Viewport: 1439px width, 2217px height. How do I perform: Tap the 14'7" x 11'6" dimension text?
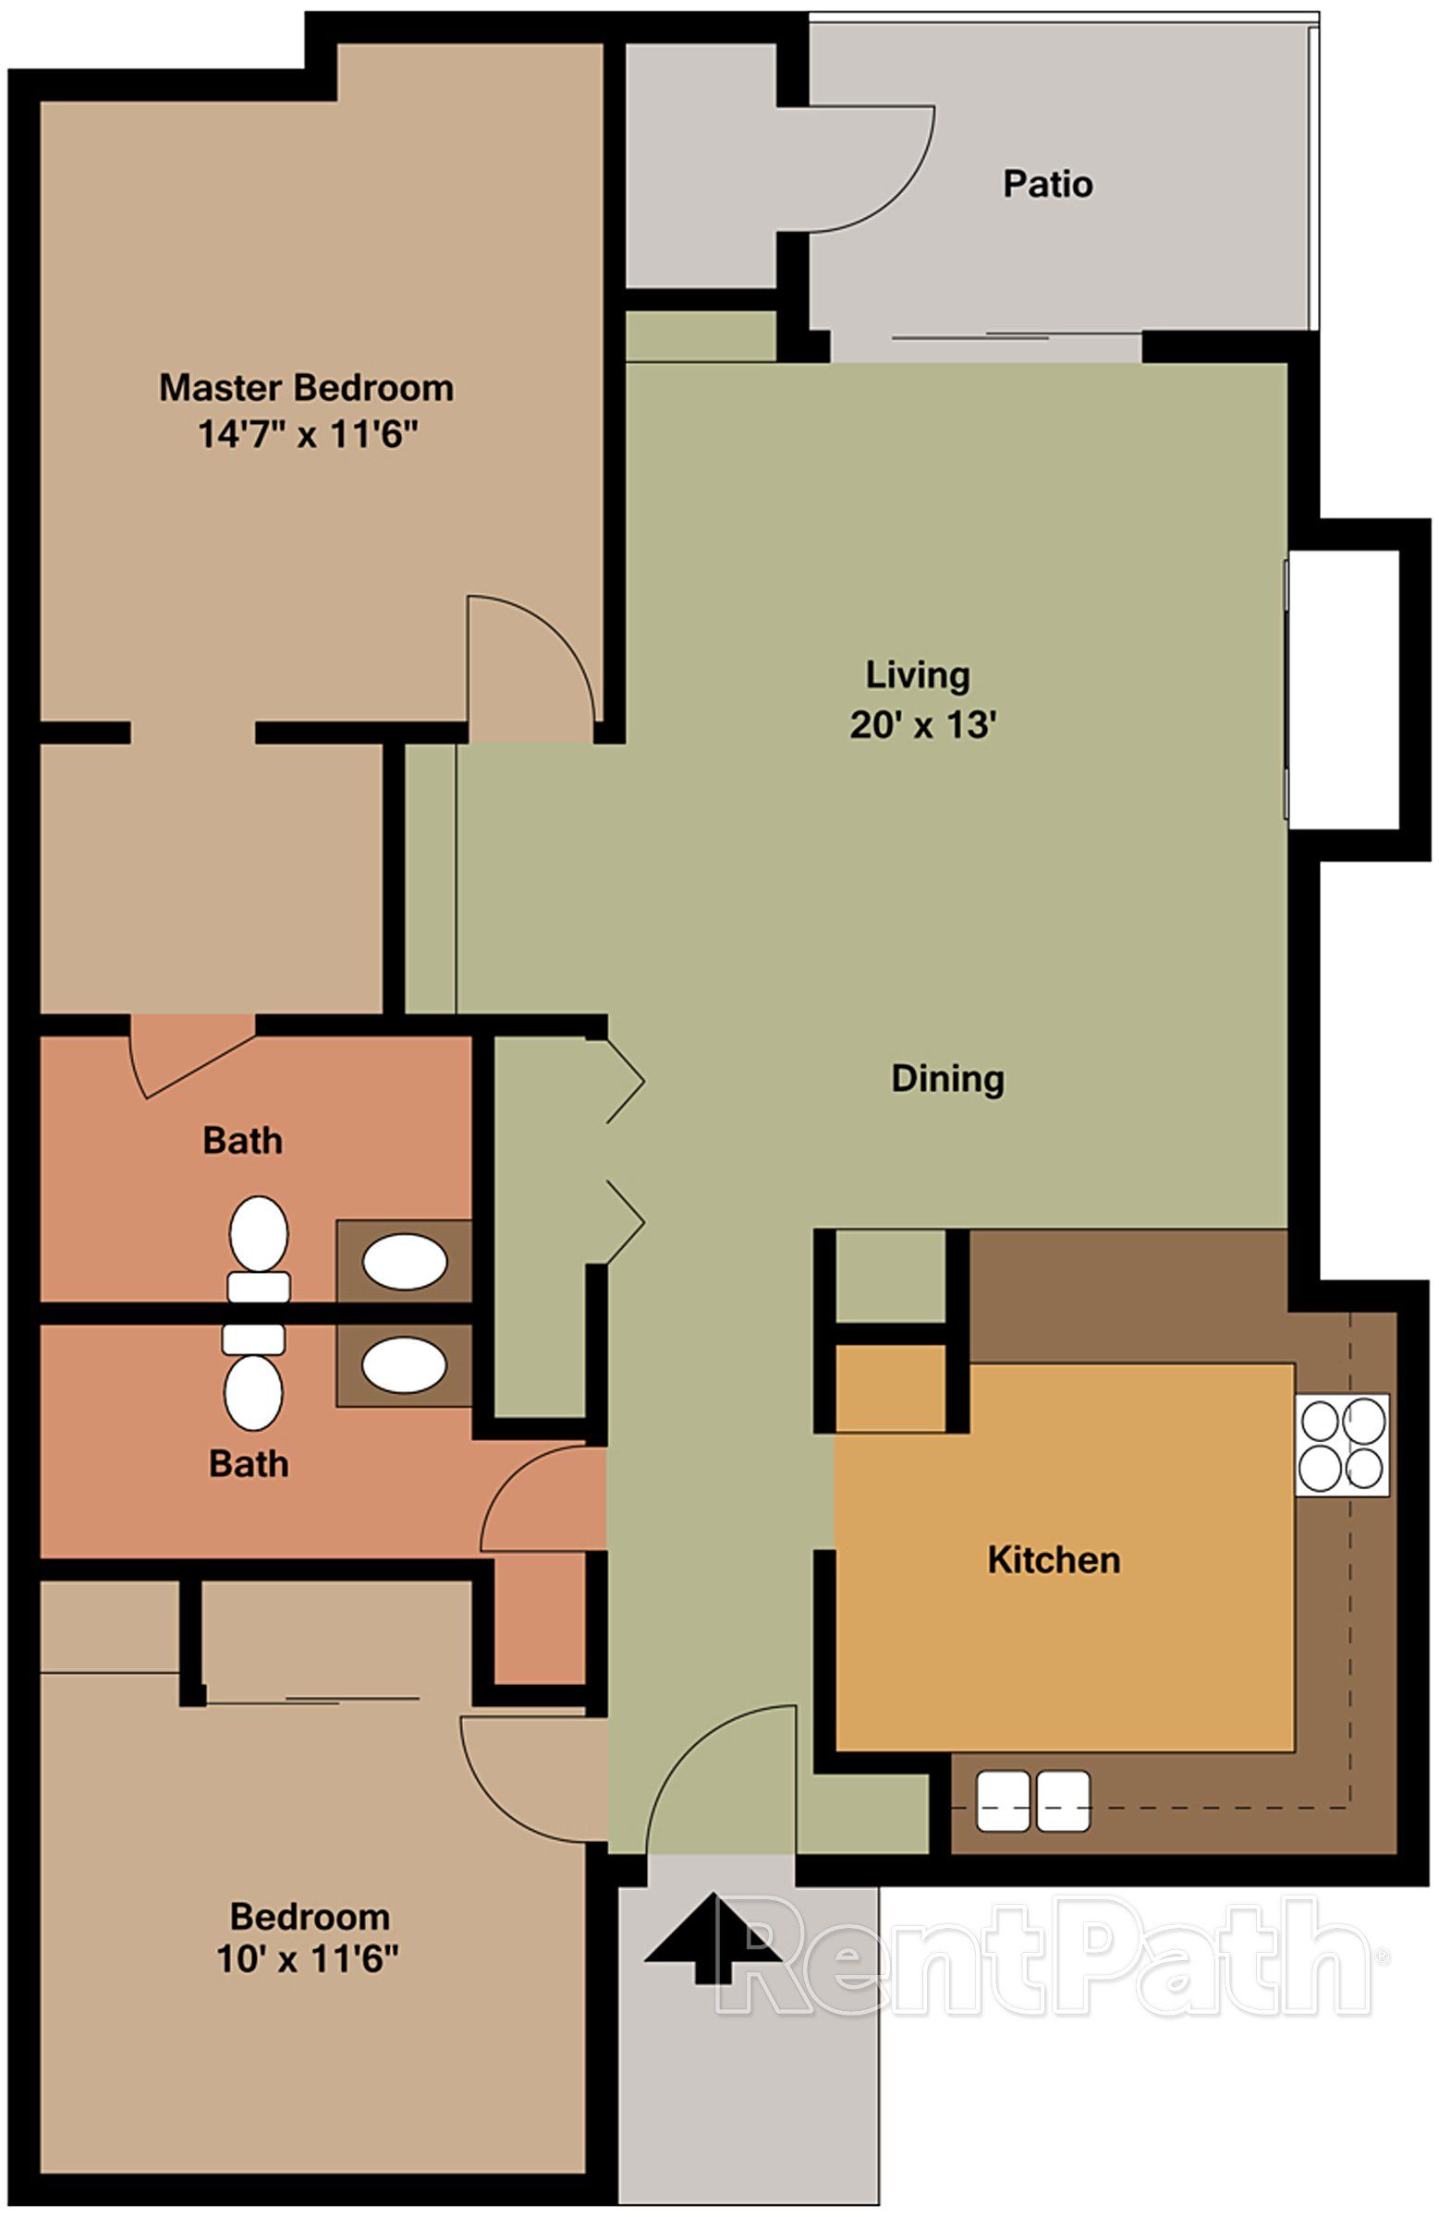click(307, 435)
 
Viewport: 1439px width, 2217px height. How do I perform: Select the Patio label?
click(1046, 184)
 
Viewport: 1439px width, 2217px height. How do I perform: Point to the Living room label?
click(917, 674)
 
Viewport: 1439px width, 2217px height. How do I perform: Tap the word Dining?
click(947, 1079)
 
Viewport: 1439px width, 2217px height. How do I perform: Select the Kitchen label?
click(1054, 1559)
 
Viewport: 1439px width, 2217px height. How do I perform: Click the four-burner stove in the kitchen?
click(1342, 1445)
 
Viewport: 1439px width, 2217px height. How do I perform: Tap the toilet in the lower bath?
click(253, 1377)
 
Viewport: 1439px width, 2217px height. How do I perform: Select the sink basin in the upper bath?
click(404, 1262)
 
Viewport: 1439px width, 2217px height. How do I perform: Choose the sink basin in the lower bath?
click(404, 1365)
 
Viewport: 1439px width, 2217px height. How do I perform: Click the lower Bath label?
click(248, 1463)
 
